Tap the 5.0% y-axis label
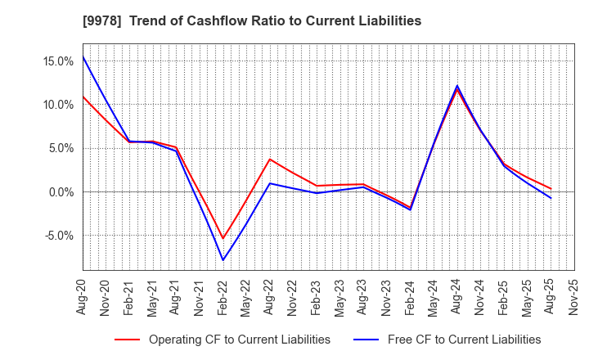click(61, 148)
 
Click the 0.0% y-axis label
click(61, 192)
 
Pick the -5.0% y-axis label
click(59, 236)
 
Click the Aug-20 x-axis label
click(83, 297)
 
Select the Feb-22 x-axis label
click(223, 297)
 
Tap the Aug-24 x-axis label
click(457, 297)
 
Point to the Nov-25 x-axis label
click(574, 297)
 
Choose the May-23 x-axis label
click(340, 297)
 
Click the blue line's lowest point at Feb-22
click(223, 260)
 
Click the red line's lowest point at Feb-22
click(223, 239)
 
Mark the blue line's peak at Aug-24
click(457, 85)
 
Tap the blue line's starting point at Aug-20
click(83, 56)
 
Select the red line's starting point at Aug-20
click(83, 97)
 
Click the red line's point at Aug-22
click(270, 159)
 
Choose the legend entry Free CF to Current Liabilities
click(464, 340)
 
